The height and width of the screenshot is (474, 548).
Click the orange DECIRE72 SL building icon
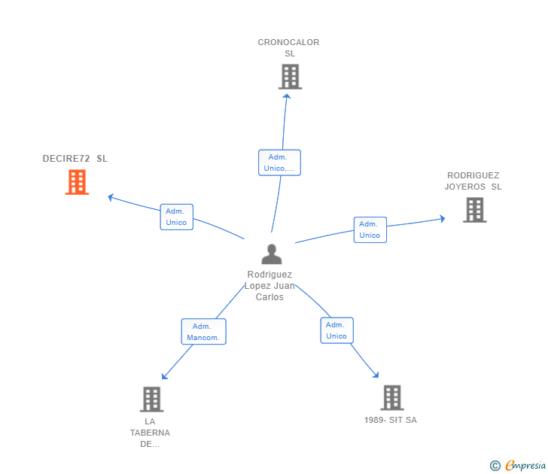coord(77,182)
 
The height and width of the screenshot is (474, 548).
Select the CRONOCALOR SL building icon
coord(290,77)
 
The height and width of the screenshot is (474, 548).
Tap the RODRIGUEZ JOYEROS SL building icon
coord(474,210)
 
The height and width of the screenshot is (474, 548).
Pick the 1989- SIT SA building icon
coord(392,397)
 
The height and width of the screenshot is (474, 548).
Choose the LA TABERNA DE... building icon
coord(152,400)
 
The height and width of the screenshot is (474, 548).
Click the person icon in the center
coord(272,254)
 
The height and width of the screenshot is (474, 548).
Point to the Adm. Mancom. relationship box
coord(204,332)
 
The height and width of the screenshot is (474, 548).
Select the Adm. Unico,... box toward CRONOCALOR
coord(279,163)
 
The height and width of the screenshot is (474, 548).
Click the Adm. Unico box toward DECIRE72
coord(176,217)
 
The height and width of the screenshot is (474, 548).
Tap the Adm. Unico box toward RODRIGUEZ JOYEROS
coord(370,229)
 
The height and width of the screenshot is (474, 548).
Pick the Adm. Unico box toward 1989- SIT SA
coord(337,330)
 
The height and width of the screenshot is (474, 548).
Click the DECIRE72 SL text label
coord(75,159)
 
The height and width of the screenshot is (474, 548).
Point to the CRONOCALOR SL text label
coord(289,48)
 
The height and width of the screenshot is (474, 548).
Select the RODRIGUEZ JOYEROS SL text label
coord(473,181)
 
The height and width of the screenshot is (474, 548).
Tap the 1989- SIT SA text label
coord(391,420)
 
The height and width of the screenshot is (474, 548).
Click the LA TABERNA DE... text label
coord(150,433)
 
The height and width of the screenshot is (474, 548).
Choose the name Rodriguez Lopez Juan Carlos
coord(269,286)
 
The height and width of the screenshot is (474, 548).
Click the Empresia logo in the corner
coord(518,465)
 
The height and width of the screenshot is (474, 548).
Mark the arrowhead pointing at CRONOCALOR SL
coord(287,97)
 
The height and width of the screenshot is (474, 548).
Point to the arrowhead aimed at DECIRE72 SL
coord(111,197)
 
